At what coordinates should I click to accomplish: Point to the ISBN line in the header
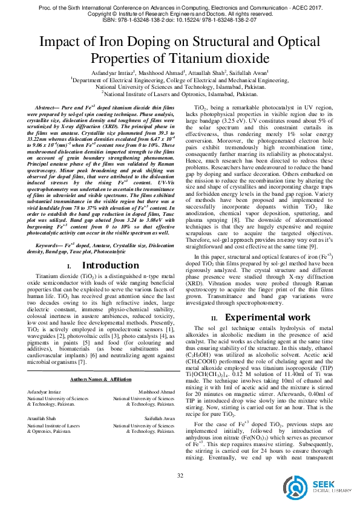(180, 19)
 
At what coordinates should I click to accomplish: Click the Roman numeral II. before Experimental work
(214, 319)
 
